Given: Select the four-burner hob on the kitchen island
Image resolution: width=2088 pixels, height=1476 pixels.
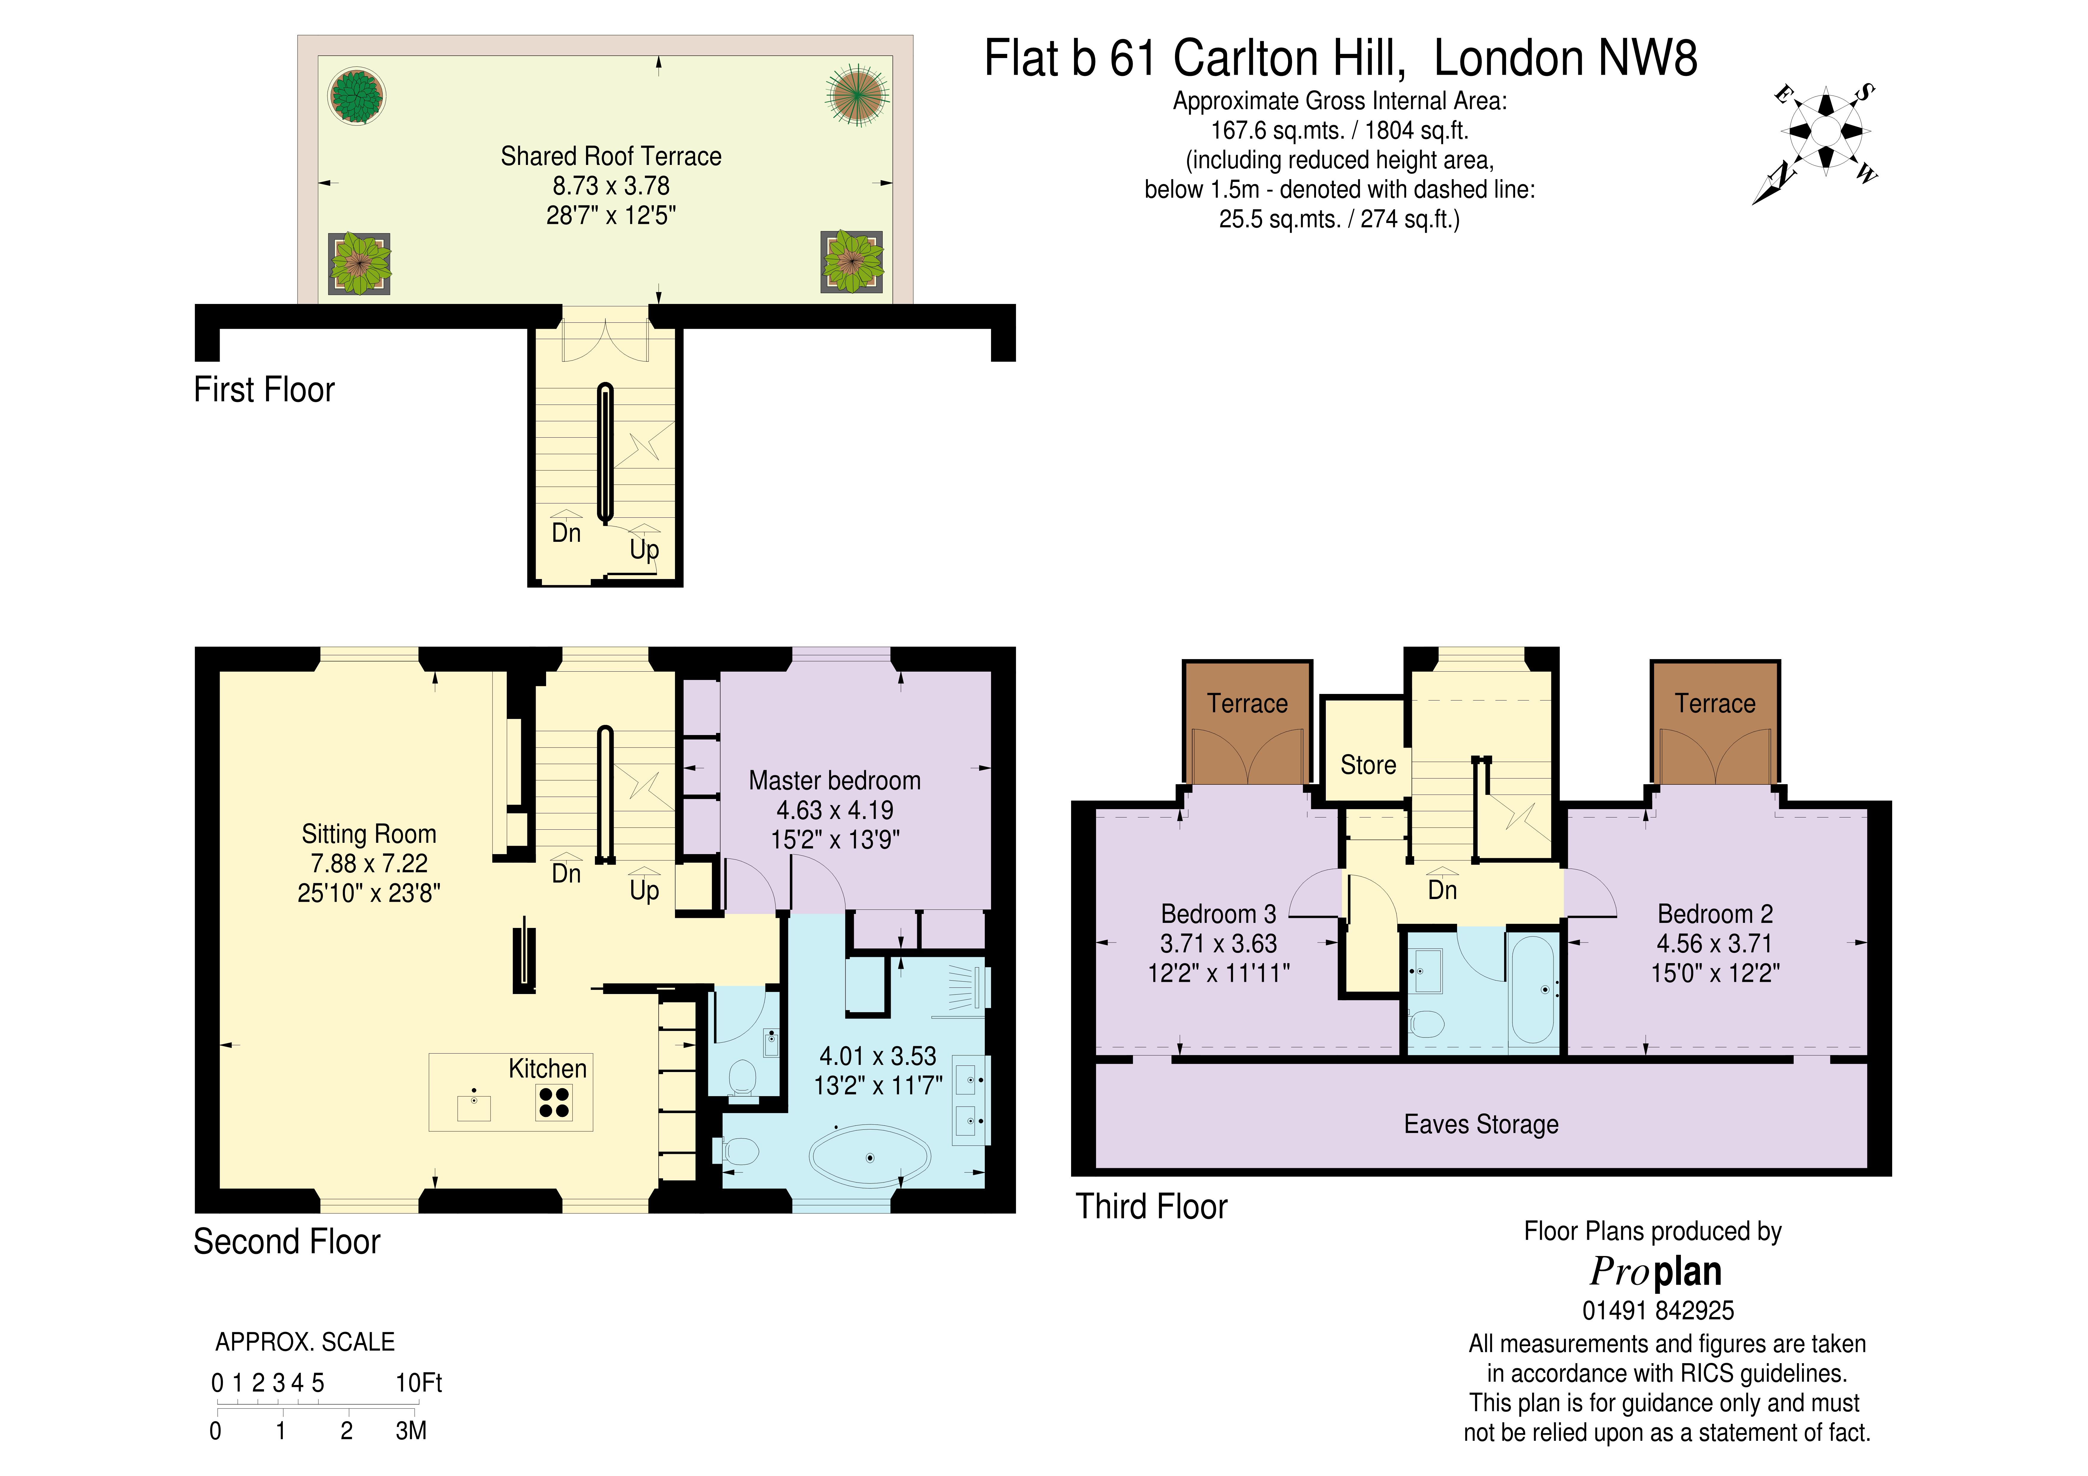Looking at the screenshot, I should [x=554, y=1103].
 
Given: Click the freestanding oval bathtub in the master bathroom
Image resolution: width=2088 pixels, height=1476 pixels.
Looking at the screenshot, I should [x=869, y=1157].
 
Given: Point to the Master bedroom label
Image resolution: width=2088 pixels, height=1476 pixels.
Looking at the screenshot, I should [x=834, y=780].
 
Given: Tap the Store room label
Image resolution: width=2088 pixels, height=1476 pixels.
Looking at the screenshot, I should [x=1368, y=765].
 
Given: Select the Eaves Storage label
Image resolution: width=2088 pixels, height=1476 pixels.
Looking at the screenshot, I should [x=1481, y=1124].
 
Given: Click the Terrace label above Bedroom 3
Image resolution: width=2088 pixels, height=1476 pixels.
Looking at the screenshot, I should [x=1247, y=703].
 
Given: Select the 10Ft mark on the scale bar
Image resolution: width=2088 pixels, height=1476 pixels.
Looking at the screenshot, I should [x=418, y=1383].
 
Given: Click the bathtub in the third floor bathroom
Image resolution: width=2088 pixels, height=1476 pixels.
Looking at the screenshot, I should [x=1532, y=989].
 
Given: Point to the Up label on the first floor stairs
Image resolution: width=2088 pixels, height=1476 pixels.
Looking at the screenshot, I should [x=644, y=549].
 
